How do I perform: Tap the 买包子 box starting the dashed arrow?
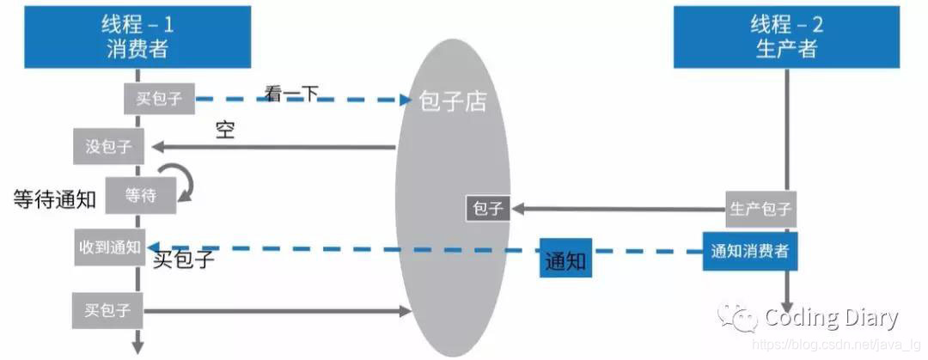160,99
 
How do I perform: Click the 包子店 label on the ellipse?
452,101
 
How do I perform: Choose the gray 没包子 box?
108,146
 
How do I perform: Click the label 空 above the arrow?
225,131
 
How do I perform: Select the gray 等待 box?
140,195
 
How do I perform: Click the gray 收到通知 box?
109,247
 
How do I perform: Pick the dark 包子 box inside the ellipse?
487,208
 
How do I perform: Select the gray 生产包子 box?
760,209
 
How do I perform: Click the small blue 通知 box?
566,259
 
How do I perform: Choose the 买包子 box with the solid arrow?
108,310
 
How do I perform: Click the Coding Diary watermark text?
831,318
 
